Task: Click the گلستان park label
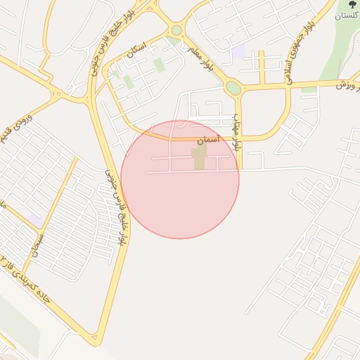tap(347, 15)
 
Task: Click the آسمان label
tap(207, 141)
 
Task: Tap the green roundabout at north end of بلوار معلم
tap(176, 30)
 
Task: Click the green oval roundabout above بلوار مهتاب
tap(233, 88)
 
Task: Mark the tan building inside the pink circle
tap(199, 157)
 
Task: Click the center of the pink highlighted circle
tap(180, 180)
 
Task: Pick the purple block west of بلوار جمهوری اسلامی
tap(238, 51)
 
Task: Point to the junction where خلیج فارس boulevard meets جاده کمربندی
tap(94, 340)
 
